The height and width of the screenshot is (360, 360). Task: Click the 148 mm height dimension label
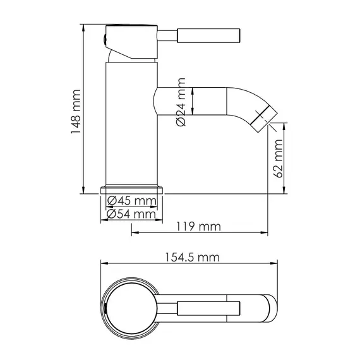(x=75, y=111)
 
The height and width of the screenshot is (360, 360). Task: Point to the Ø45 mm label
(x=131, y=201)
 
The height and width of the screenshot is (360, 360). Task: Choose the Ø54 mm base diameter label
(x=131, y=214)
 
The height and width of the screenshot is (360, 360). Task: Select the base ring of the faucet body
(x=131, y=189)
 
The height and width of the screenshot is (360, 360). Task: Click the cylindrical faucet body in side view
(x=129, y=126)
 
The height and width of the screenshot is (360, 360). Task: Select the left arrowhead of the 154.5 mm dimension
(x=105, y=266)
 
